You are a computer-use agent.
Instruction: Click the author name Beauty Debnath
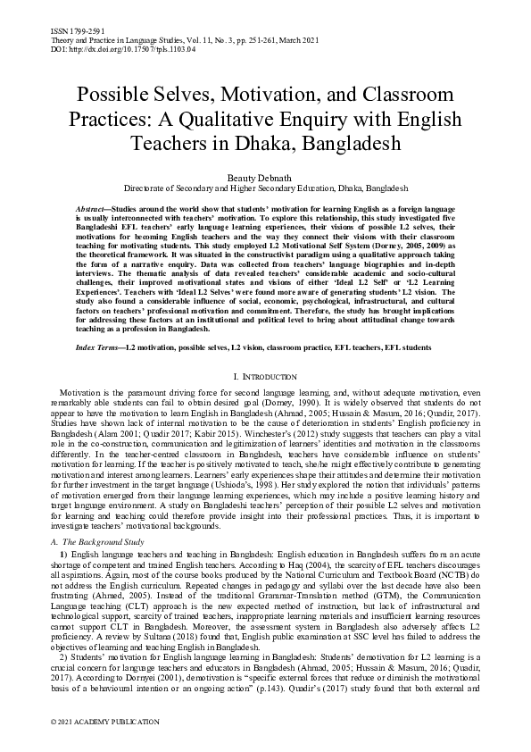(265, 178)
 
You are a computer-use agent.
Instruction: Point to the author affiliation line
(265, 189)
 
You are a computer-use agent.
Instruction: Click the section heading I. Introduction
(265, 379)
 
